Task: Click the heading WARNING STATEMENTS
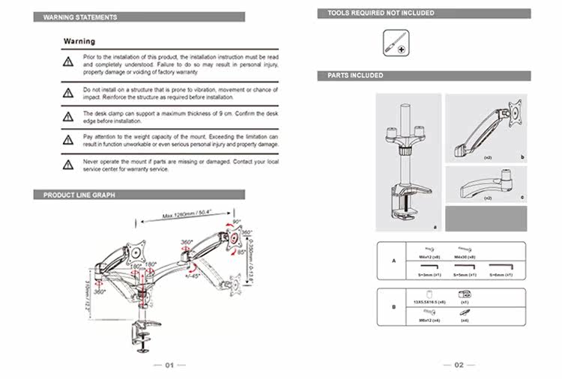click(x=80, y=16)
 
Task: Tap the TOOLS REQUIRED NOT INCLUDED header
click(x=381, y=13)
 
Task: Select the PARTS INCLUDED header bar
click(x=356, y=76)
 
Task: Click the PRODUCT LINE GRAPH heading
click(x=79, y=195)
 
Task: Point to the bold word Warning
click(x=79, y=41)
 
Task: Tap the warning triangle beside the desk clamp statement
click(x=68, y=117)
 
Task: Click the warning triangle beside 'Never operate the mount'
click(x=68, y=164)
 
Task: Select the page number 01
click(x=169, y=365)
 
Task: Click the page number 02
click(x=458, y=365)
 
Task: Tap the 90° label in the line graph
click(x=238, y=222)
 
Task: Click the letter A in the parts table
click(x=393, y=261)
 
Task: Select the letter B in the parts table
click(x=393, y=306)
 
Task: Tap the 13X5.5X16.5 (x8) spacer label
click(x=430, y=302)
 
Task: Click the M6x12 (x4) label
click(x=429, y=321)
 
